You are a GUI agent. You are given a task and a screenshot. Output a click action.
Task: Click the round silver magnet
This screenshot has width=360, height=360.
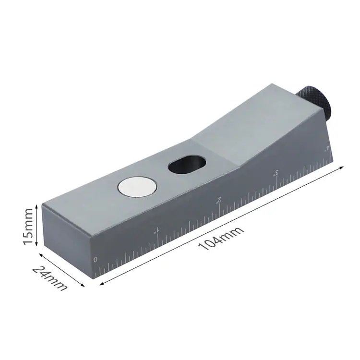tap(137, 187)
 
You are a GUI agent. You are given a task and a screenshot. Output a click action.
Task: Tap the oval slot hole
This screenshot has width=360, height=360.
tap(187, 164)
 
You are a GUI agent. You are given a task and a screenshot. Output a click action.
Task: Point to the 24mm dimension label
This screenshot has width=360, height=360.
tap(50, 278)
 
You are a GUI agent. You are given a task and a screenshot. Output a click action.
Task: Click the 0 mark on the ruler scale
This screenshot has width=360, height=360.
tap(96, 260)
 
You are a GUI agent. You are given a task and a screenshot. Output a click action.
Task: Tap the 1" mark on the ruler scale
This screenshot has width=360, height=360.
tap(156, 230)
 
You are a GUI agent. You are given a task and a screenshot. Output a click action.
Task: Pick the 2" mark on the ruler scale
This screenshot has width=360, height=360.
tap(218, 200)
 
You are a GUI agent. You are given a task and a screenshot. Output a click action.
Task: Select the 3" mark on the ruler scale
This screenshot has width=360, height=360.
tap(276, 173)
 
